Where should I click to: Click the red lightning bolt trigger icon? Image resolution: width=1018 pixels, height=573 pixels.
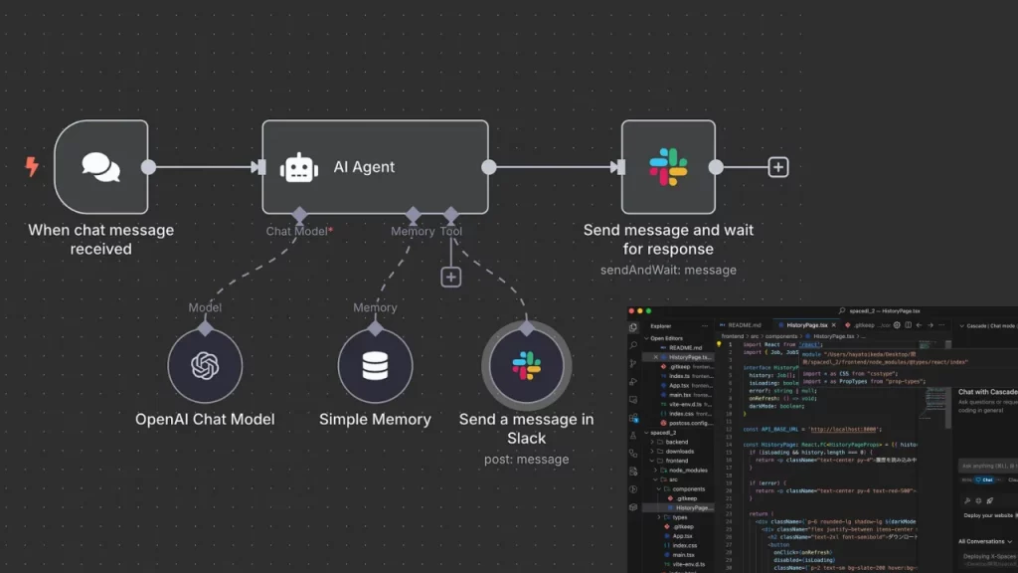[32, 167]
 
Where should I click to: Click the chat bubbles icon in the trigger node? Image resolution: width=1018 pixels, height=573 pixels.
[100, 167]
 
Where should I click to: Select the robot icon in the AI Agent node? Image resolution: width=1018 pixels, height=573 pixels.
[299, 167]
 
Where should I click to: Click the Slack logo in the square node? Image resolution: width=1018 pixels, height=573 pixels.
[668, 167]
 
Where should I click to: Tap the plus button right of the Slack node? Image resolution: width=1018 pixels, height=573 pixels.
[778, 167]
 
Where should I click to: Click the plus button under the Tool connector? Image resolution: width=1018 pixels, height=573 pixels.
[451, 277]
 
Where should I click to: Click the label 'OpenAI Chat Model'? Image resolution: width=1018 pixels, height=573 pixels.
[205, 420]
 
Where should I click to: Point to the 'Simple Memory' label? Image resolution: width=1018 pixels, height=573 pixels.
[375, 420]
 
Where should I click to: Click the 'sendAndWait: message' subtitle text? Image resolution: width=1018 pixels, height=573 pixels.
[668, 270]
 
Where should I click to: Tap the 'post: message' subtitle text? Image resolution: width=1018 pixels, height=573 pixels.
[526, 460]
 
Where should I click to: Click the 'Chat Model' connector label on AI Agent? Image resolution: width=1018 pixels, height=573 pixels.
[296, 231]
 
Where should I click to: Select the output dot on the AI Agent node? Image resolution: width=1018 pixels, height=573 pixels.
[489, 167]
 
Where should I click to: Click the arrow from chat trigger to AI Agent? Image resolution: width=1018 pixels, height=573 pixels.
[204, 167]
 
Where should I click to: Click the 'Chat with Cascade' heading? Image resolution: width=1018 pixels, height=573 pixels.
[987, 392]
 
